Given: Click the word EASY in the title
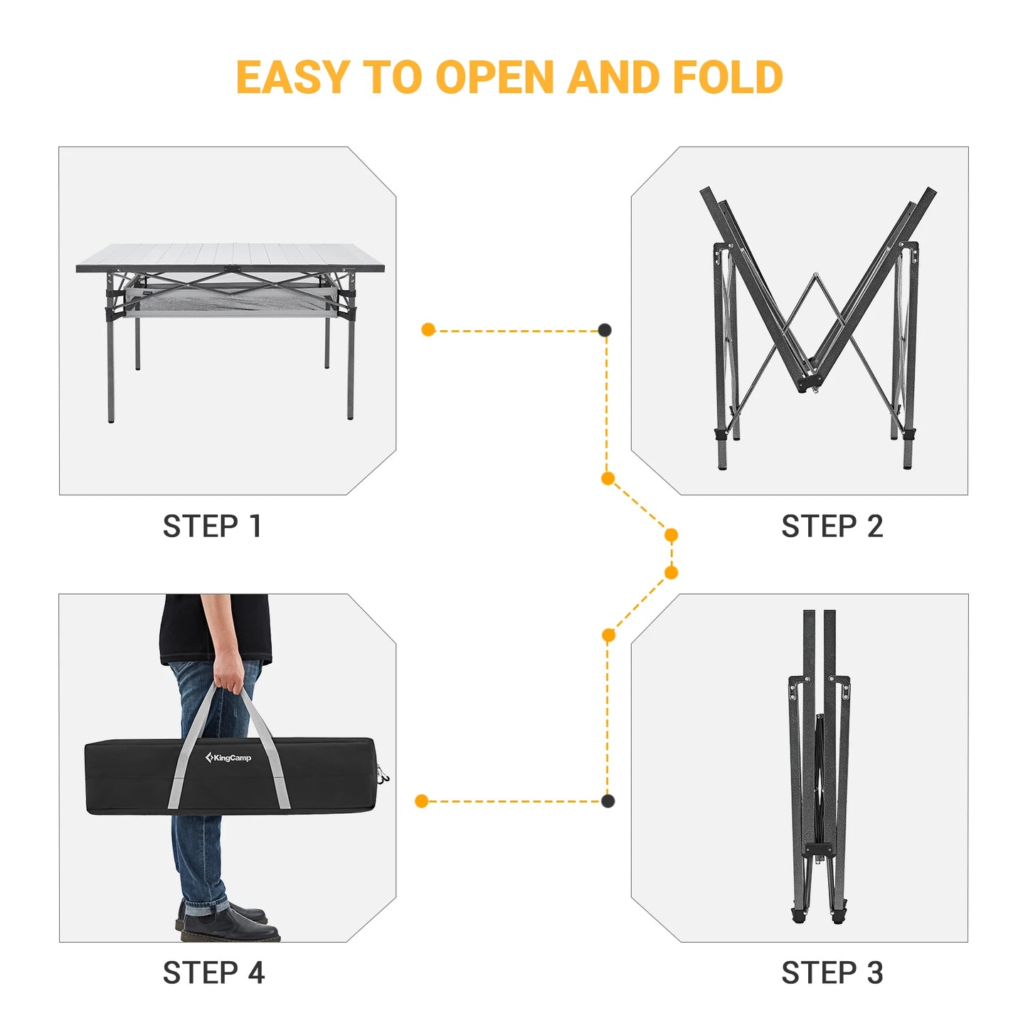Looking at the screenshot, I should [x=292, y=78].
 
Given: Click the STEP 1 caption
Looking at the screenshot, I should [x=212, y=526].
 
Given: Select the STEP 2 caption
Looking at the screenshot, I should [x=832, y=526].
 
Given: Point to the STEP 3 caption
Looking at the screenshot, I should [x=832, y=973].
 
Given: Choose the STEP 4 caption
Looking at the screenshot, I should [x=213, y=973].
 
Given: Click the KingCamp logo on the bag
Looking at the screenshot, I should [x=228, y=758].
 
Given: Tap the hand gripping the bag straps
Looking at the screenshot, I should [x=228, y=673].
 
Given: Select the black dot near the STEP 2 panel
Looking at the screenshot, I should [x=604, y=329].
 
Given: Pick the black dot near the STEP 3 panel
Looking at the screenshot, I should [x=608, y=801].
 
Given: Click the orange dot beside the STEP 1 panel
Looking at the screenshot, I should [x=428, y=329].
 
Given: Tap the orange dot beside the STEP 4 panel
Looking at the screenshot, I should [x=422, y=801].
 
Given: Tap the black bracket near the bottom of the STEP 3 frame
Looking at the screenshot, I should [x=819, y=849].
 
